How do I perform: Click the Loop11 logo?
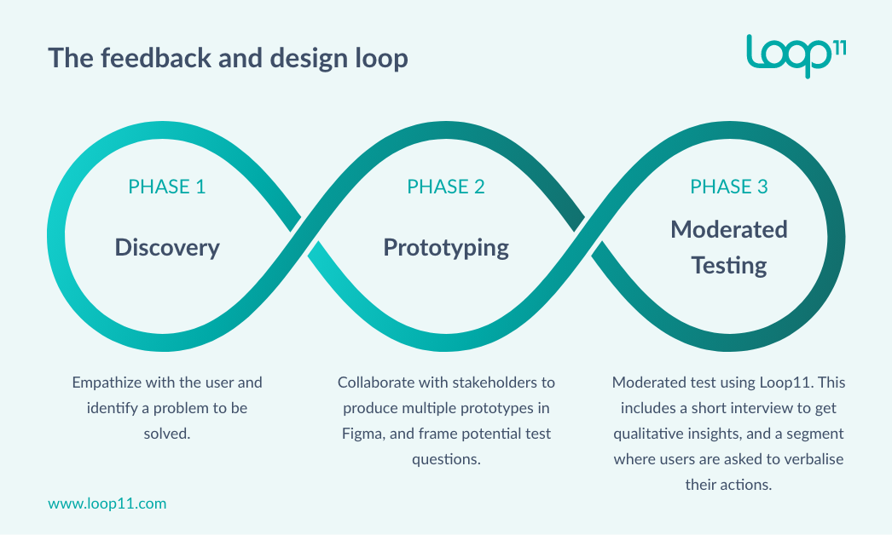795,55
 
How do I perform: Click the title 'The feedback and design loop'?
228,58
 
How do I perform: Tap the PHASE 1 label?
166,187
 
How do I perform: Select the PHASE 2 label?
446,187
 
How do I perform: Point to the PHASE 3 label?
729,187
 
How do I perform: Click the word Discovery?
167,247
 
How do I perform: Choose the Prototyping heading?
446,247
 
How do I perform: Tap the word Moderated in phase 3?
729,229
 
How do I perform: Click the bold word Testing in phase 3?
729,265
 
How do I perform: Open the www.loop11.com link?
107,503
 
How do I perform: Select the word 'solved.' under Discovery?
167,434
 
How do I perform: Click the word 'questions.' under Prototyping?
446,459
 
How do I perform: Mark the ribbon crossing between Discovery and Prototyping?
305,236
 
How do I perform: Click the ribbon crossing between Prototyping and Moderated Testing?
588,236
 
